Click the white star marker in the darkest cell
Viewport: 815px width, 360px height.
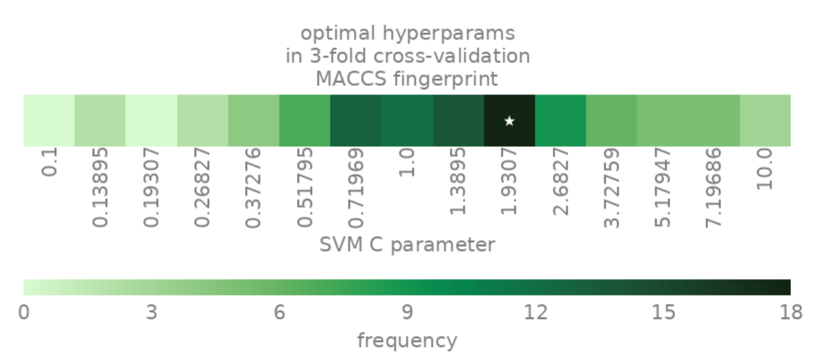click(509, 121)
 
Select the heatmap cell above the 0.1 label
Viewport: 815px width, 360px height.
click(49, 121)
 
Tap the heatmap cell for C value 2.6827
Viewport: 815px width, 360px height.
click(560, 121)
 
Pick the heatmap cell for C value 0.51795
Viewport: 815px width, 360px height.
click(305, 121)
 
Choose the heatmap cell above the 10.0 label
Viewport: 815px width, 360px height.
click(765, 121)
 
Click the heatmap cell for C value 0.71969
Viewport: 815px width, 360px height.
click(355, 121)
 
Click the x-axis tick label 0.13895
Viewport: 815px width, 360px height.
click(100, 187)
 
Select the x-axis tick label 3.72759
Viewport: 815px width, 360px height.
click(611, 187)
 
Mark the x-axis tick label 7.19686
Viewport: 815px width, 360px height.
click(713, 187)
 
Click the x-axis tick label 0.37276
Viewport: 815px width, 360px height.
click(253, 187)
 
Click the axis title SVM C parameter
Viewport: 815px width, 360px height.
click(407, 244)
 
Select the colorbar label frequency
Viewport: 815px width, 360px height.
click(407, 339)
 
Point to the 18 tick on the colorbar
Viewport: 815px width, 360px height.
click(790, 313)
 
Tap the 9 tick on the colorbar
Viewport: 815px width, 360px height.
click(407, 313)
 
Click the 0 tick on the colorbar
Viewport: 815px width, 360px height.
click(24, 313)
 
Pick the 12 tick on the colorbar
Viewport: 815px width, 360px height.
click(535, 313)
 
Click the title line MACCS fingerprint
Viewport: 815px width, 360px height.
click(407, 79)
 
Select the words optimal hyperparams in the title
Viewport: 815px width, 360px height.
click(407, 32)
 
